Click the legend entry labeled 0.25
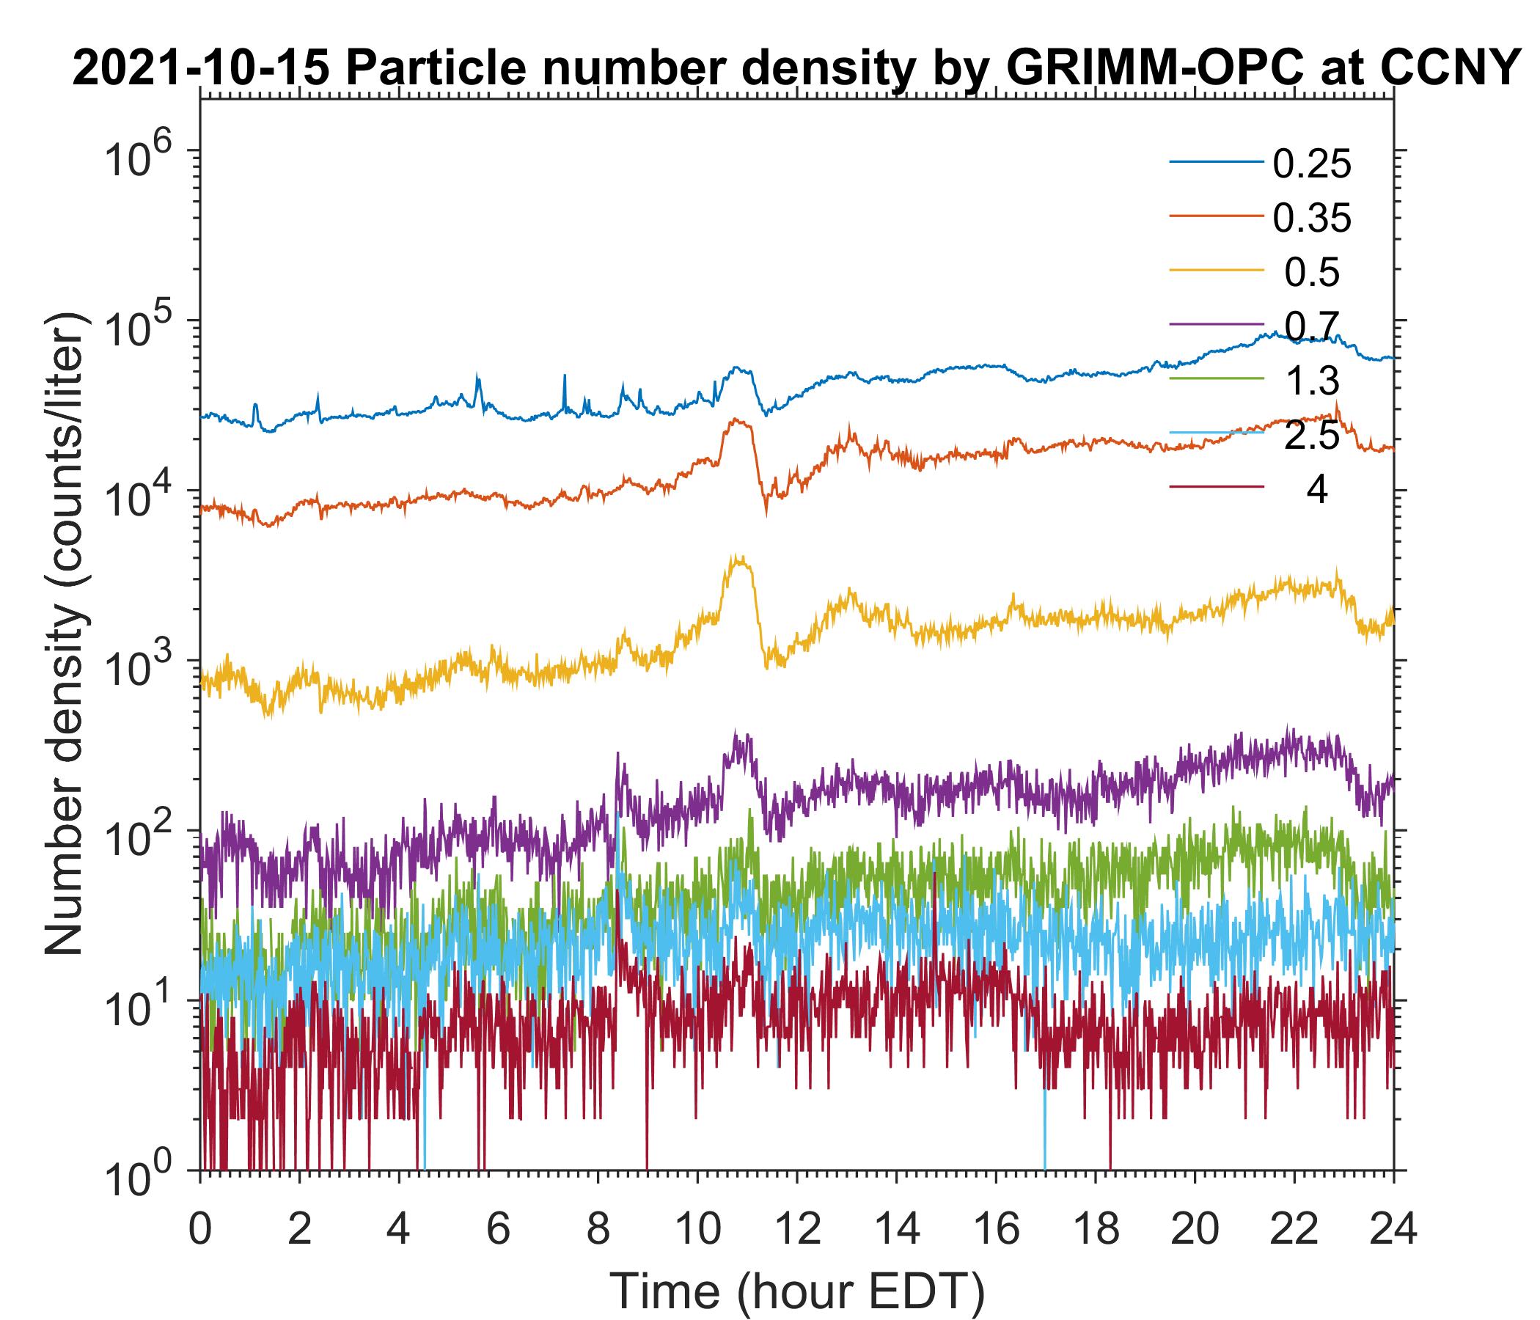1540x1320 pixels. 1311,164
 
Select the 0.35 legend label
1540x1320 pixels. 1311,219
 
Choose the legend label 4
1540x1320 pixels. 1316,491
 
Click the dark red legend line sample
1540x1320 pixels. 1217,487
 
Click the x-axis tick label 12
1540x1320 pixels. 796,1230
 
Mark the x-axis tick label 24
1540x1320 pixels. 1393,1230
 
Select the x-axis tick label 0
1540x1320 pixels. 200,1230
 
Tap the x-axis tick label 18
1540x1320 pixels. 1095,1230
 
